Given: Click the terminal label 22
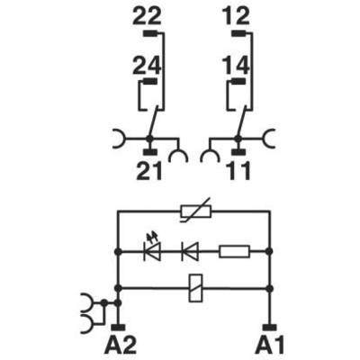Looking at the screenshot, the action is (x=147, y=16).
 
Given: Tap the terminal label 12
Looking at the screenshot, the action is (x=236, y=16).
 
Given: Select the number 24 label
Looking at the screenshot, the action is (x=147, y=66).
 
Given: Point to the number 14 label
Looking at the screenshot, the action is (x=236, y=66).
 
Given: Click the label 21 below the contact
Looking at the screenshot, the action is (x=149, y=171).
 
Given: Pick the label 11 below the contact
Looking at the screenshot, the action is (x=239, y=171).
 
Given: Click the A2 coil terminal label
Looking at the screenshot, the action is (x=121, y=345).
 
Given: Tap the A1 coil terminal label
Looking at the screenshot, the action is (x=270, y=345).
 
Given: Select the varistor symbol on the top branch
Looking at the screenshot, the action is (x=196, y=211).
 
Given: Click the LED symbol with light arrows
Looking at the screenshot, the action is (x=152, y=248).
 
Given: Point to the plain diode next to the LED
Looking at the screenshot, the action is (x=190, y=251).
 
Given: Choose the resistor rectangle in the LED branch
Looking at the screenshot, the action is (x=234, y=251).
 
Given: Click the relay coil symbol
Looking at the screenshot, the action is (x=195, y=288).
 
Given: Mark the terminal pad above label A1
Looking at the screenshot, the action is (x=270, y=328).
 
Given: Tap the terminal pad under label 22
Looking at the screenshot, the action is (x=149, y=33).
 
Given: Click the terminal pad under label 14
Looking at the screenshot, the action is (x=238, y=81).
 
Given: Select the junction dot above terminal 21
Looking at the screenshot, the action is (x=148, y=139).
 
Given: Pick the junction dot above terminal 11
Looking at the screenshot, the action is (x=238, y=139).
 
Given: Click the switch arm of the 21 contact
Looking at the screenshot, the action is (x=153, y=122).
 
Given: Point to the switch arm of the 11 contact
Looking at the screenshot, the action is (x=242, y=122).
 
